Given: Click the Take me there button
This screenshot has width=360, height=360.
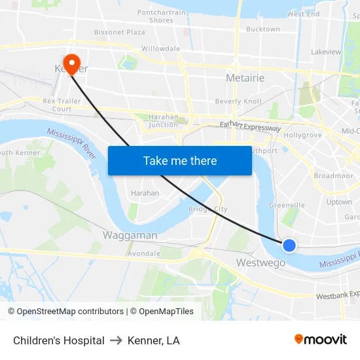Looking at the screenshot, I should click(x=180, y=160).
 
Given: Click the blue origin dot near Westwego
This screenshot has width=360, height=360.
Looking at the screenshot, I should click(x=289, y=245).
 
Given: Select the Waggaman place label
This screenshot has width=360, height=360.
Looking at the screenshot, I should click(x=130, y=235).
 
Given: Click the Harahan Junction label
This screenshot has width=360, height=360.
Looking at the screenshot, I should click(x=163, y=120).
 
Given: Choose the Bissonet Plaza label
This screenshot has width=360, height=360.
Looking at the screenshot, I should click(x=119, y=32).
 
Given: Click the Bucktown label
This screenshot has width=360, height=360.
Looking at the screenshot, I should click(x=262, y=29).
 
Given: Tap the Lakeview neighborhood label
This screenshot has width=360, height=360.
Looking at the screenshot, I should click(x=325, y=52).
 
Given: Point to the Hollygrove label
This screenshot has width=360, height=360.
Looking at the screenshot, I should click(x=302, y=135).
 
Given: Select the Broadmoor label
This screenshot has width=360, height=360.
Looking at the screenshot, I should click(x=333, y=175).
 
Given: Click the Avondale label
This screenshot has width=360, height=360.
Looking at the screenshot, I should click(x=143, y=253).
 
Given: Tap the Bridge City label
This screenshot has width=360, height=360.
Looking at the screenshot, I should click(x=207, y=209).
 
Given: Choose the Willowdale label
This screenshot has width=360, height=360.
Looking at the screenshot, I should click(x=160, y=49).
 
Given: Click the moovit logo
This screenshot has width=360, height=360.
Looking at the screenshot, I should click(x=320, y=339).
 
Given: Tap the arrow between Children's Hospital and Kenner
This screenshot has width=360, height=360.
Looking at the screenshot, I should click(x=116, y=340).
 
